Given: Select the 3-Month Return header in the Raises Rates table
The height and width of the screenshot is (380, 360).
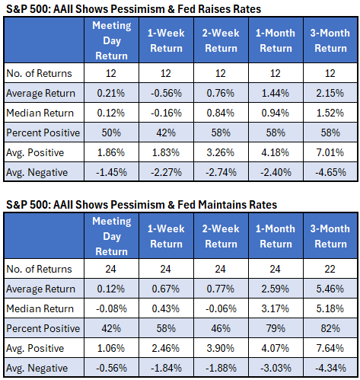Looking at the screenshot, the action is pyautogui.click(x=330, y=40).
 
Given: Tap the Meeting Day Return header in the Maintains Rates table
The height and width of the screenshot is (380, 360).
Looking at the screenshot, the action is pyautogui.click(x=112, y=236).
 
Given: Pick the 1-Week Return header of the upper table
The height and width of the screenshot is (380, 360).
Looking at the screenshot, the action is pyautogui.click(x=166, y=40).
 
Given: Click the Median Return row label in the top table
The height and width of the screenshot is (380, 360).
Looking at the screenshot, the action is pyautogui.click(x=40, y=113).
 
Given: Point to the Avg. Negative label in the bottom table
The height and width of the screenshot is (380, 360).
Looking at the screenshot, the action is pyautogui.click(x=37, y=368).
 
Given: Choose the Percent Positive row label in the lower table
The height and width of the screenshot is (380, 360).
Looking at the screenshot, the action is pyautogui.click(x=43, y=328).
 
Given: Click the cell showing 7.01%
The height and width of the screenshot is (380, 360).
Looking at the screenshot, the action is pyautogui.click(x=330, y=152).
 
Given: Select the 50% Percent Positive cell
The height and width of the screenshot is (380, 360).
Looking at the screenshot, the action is pyautogui.click(x=111, y=133).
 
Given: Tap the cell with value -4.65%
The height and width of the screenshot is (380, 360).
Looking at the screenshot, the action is pyautogui.click(x=330, y=172).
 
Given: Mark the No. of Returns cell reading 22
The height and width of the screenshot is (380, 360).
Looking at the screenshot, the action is pyautogui.click(x=330, y=269).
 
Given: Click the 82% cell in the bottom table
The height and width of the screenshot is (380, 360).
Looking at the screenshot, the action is pyautogui.click(x=330, y=328).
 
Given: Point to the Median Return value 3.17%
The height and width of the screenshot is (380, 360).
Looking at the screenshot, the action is pyautogui.click(x=276, y=308).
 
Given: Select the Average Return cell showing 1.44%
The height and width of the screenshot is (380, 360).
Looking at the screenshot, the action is pyautogui.click(x=276, y=93).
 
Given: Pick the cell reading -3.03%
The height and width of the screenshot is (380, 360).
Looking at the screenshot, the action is pyautogui.click(x=276, y=368).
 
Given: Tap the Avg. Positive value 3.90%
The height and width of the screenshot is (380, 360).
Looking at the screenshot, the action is pyautogui.click(x=221, y=348).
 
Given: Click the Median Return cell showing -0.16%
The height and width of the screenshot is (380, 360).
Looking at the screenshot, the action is pyautogui.click(x=166, y=113).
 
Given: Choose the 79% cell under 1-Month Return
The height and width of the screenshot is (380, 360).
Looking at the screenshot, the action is pyautogui.click(x=276, y=328).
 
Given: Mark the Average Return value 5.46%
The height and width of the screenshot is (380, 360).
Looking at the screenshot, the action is pyautogui.click(x=330, y=289).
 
